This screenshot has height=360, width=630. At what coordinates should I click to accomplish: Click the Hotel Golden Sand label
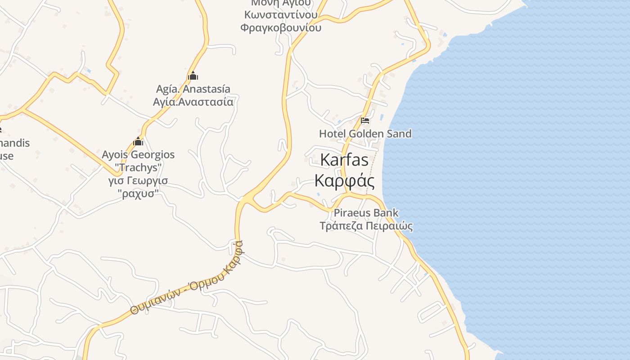[365, 134]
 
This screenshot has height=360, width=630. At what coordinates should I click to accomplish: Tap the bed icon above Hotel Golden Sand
[365, 121]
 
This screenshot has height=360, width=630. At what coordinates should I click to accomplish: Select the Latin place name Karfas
[344, 160]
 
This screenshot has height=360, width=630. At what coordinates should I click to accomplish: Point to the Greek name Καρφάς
[344, 180]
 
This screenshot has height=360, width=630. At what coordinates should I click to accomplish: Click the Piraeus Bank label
[366, 213]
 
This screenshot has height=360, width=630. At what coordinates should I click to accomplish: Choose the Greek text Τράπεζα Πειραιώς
[366, 226]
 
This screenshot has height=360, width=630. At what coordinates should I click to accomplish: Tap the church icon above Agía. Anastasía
[193, 76]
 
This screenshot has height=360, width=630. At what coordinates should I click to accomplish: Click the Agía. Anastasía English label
[193, 89]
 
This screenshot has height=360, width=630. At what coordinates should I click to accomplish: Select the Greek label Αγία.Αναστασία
[193, 102]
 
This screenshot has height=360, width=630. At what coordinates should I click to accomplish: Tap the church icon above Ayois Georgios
[138, 142]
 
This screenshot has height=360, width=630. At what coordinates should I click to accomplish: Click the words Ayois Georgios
[138, 155]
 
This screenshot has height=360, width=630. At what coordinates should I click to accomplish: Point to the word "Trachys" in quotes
[138, 168]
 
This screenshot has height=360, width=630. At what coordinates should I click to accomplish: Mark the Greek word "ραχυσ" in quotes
[138, 194]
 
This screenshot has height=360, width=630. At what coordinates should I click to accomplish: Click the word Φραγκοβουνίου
[281, 28]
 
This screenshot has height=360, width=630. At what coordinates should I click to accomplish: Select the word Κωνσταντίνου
[281, 15]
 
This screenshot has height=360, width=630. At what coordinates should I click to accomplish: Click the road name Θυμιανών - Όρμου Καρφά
[187, 279]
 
